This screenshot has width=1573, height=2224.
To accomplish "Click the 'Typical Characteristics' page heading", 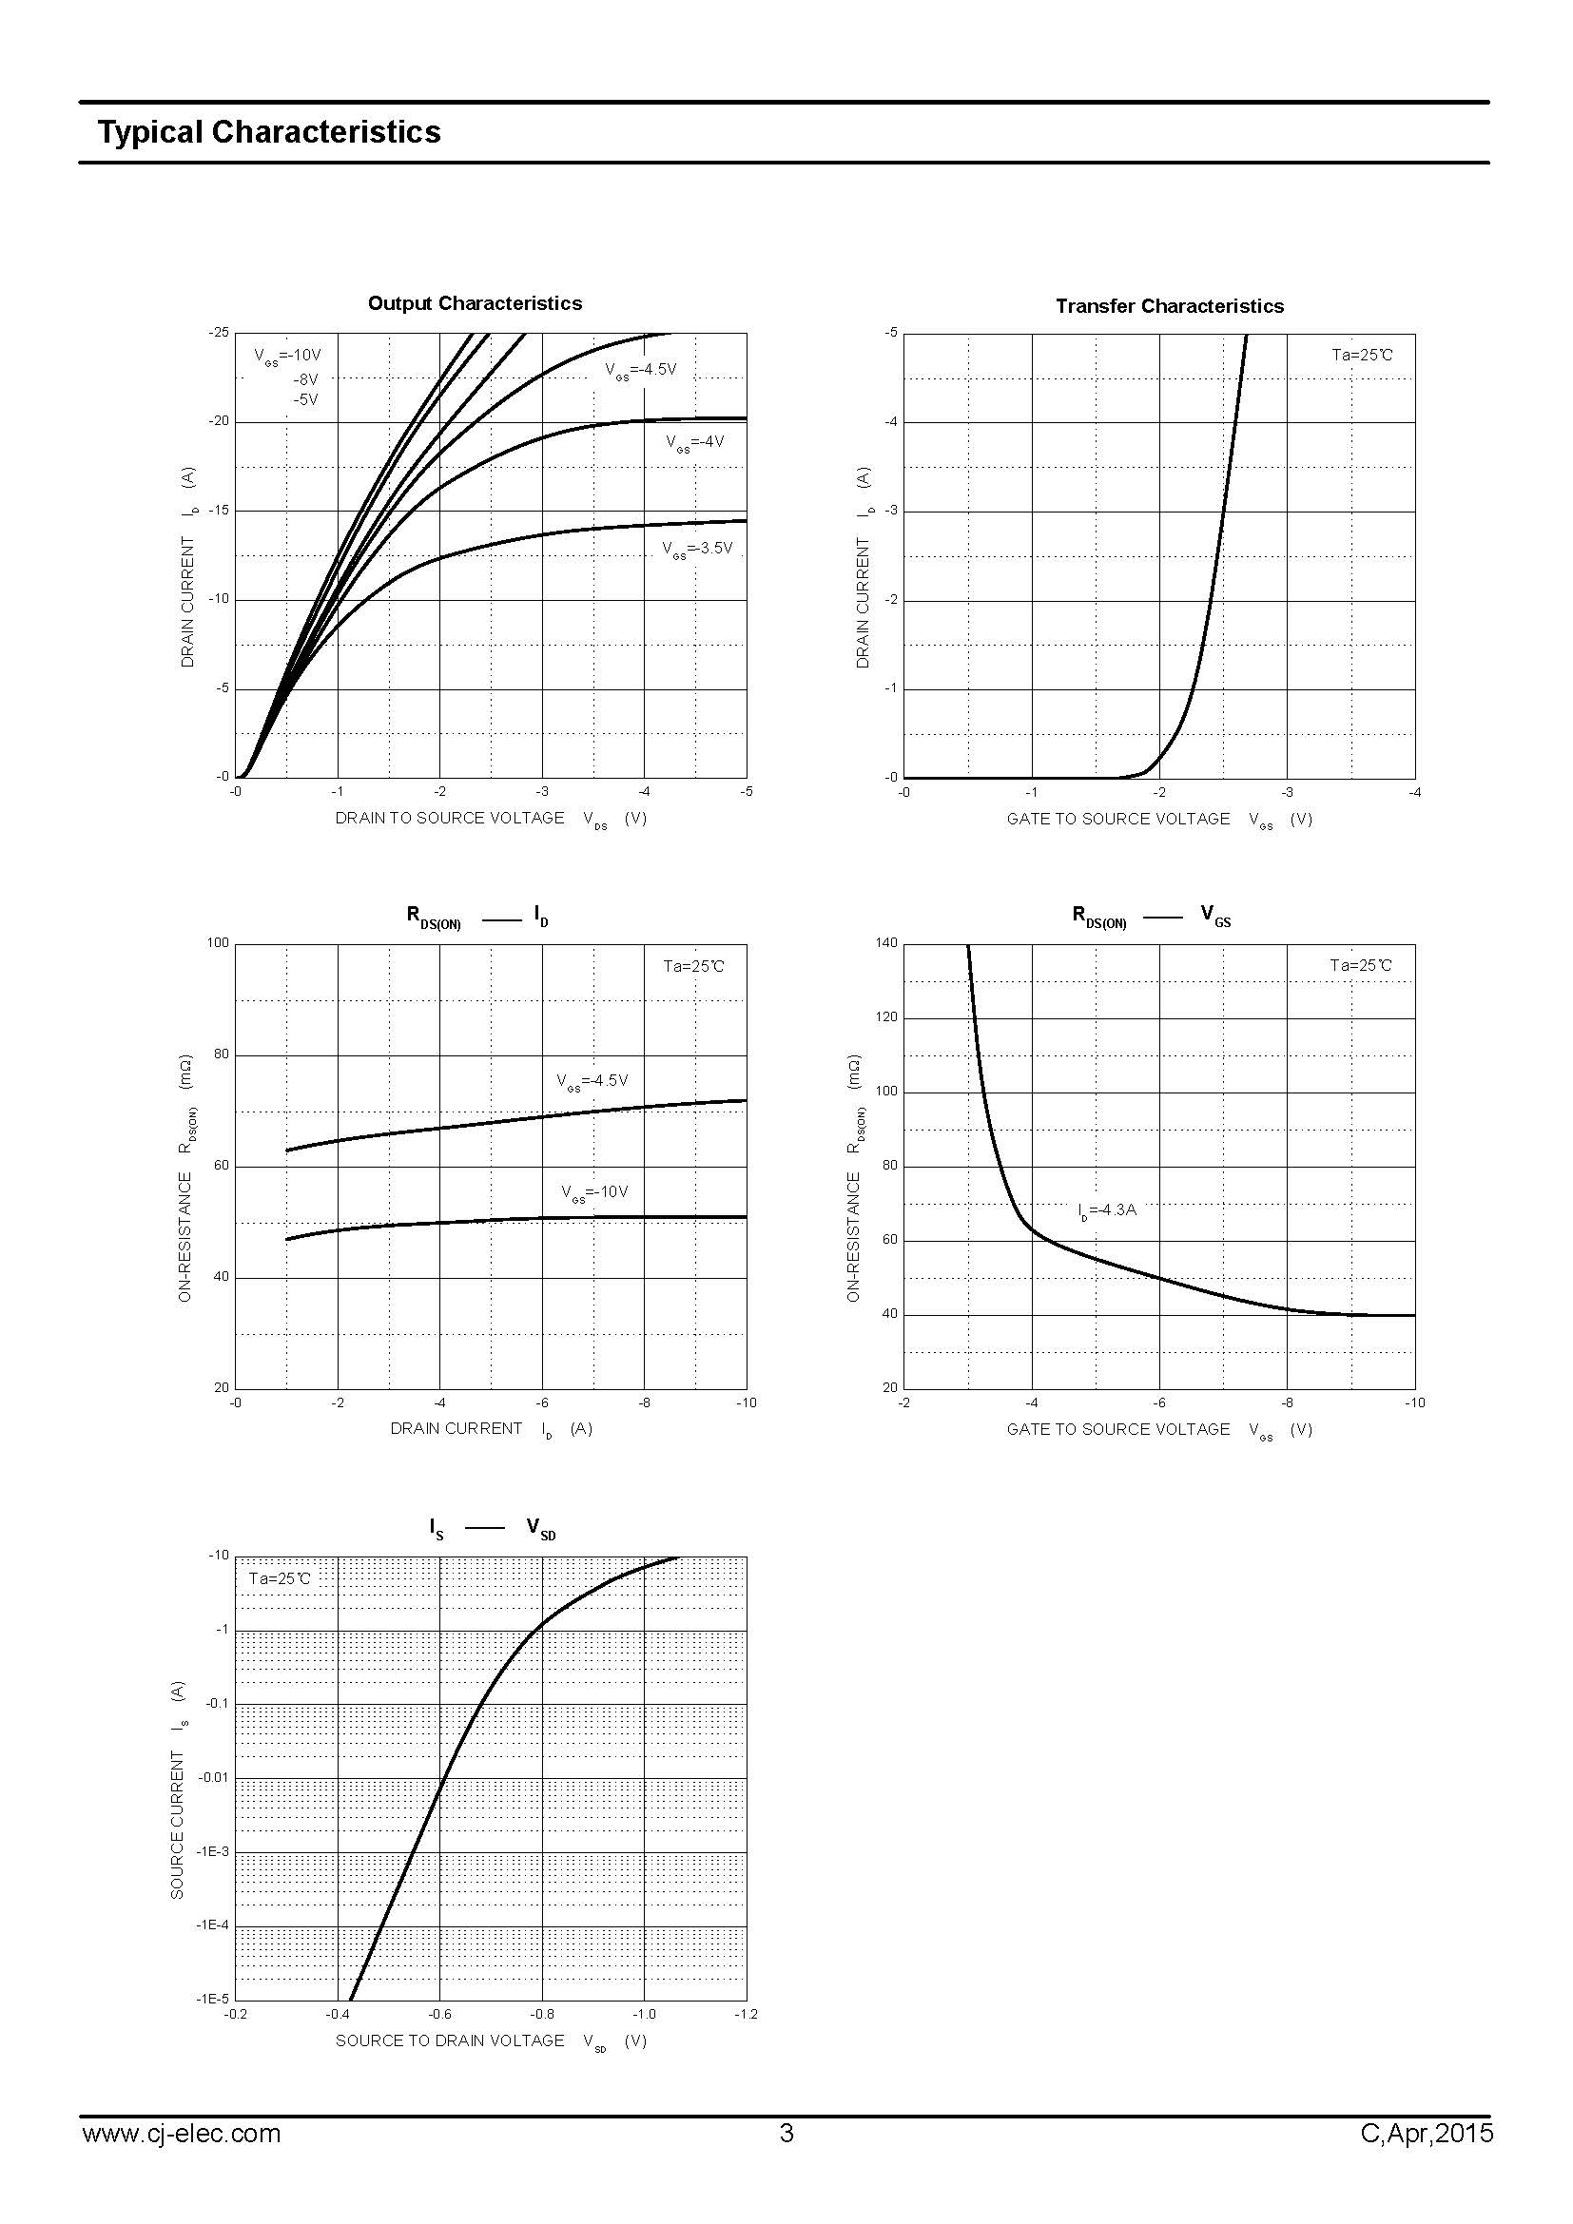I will [x=268, y=132].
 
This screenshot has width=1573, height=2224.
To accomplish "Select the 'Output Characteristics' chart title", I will [x=475, y=303].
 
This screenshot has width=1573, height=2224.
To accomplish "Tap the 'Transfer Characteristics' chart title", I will [x=1169, y=306].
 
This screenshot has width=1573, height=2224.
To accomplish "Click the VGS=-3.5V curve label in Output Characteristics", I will [x=696, y=550].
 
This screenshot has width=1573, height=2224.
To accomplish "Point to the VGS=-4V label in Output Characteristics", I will [x=694, y=443].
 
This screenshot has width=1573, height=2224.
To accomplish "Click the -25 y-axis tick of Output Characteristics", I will [x=218, y=333].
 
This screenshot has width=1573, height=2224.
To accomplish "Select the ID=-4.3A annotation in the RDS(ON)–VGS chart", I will [x=1106, y=1209].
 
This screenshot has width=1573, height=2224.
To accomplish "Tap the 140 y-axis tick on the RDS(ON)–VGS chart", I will [x=886, y=942].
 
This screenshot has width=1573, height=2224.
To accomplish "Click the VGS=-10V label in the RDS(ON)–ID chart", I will [x=593, y=1192].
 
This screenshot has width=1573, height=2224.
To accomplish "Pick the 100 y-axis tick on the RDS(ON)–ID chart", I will [x=218, y=942].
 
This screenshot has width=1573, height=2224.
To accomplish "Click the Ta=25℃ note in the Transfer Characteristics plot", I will [x=1361, y=356].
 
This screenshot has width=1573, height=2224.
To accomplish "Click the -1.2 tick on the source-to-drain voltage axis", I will [x=745, y=2014].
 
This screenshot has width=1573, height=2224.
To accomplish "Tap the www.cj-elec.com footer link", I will [x=181, y=2134].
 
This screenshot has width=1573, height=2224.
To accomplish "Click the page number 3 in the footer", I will [x=786, y=2134].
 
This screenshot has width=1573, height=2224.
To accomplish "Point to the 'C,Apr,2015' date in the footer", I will [x=1427, y=2134].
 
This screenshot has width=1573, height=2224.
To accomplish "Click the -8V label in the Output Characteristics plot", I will [x=305, y=379].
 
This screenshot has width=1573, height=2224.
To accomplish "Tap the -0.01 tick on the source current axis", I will [x=213, y=1777].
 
